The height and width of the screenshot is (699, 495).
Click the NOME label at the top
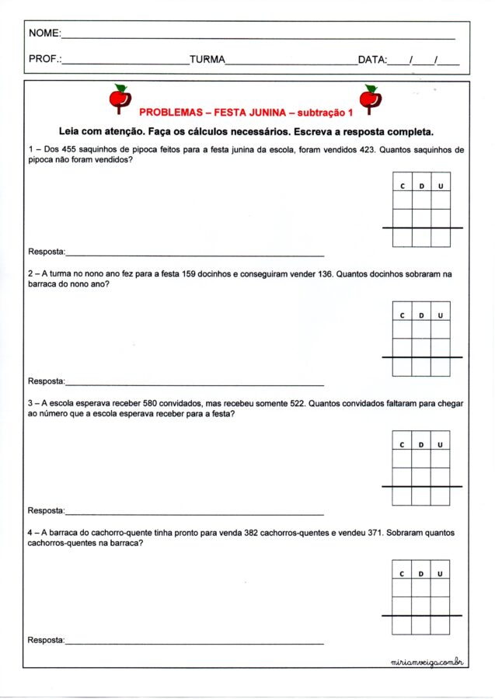[x=44, y=33]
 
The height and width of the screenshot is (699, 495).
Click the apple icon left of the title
[x=119, y=99]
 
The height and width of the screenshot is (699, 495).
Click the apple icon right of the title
[x=369, y=99]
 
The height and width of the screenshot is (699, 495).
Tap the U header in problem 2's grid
[x=441, y=316]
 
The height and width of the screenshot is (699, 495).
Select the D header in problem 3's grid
[x=421, y=445]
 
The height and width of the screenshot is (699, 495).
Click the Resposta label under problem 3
[x=47, y=511]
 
